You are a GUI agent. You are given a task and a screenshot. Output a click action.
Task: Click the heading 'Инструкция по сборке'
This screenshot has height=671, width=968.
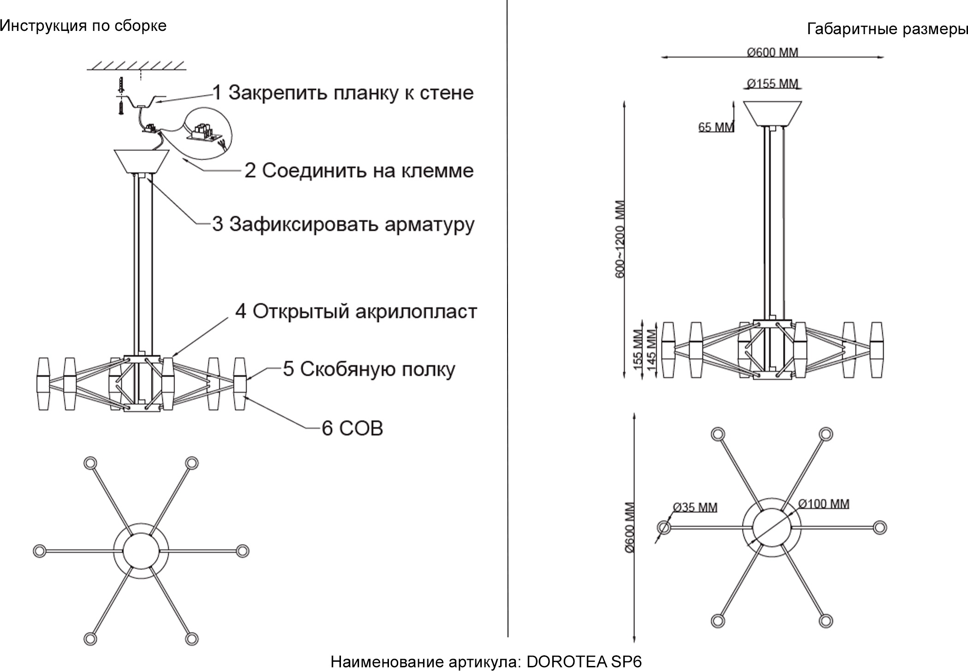coord(83,26)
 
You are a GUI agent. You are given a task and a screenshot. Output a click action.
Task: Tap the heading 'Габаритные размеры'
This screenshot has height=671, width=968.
coord(887,30)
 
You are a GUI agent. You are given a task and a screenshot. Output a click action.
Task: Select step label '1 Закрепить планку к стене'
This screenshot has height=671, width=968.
coord(343,93)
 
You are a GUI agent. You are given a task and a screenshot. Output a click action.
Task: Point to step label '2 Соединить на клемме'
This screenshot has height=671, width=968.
coord(359,171)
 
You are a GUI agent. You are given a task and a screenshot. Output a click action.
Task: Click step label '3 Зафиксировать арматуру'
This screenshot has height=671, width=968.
coord(343,225)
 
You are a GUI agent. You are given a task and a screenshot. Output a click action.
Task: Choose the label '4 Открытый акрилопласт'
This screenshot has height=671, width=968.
coord(356,312)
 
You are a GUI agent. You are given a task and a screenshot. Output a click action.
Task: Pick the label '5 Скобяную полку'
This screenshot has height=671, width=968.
coord(369,369)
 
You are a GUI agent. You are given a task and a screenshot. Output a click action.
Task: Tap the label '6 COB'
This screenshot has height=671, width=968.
coord(352,428)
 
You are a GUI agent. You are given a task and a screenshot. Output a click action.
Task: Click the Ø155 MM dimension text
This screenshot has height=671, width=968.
coord(772,84)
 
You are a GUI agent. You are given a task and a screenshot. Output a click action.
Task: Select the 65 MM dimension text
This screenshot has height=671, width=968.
coord(716,127)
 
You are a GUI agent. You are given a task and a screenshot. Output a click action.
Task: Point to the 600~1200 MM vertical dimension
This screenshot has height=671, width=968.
coord(620,239)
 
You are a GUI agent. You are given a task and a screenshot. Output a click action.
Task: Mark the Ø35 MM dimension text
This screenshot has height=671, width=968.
coord(695,507)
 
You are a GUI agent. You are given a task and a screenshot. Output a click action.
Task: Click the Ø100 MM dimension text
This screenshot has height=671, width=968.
coord(824,503)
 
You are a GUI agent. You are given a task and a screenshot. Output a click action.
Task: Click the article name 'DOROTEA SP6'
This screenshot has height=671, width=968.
coord(584,662)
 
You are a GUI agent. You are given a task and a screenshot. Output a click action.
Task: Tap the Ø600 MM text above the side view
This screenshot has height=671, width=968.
coord(772,52)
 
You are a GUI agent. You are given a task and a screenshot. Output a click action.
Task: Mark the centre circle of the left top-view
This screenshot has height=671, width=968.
coord(141,551)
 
